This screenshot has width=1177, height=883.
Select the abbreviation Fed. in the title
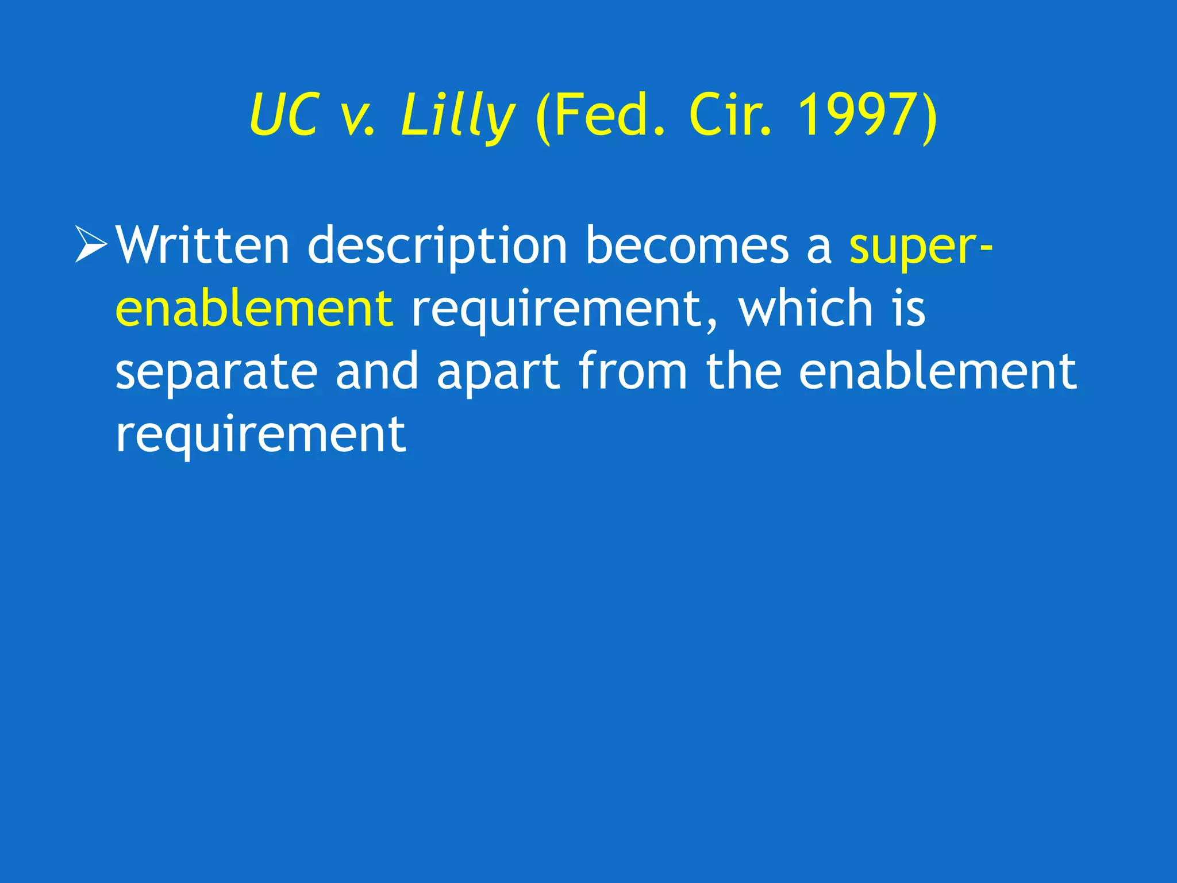601,117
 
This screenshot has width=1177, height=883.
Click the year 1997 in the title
859,116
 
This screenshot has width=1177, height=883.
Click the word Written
203,245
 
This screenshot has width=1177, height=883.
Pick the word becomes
687,245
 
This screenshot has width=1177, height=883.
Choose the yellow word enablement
254,308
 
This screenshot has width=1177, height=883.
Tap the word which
806,308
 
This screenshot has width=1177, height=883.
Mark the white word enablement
937,371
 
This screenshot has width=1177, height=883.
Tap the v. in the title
357,117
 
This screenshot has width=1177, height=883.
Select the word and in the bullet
377,371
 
